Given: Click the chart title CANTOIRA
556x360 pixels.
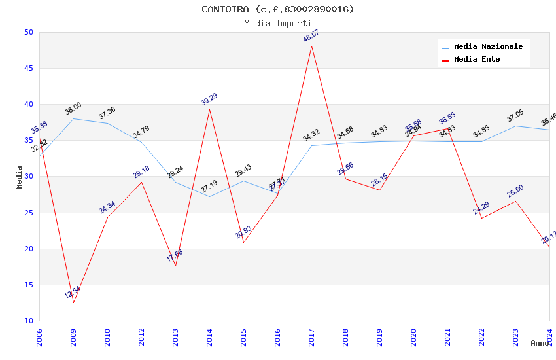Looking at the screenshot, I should (277, 9).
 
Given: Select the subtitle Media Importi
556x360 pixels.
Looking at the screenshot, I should (277, 23).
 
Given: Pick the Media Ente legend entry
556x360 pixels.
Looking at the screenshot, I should (477, 60).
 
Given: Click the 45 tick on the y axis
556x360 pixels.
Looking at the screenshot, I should (28, 69).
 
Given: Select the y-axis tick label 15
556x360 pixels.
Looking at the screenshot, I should (28, 285).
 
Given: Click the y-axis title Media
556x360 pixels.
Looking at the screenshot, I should (20, 177).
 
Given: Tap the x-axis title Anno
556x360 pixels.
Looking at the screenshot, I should (540, 343).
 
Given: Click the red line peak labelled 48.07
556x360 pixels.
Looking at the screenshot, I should (311, 46).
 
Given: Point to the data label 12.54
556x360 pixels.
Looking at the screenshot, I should (73, 293).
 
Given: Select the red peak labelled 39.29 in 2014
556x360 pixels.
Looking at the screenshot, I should (209, 109).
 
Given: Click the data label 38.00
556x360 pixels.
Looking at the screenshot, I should (73, 109).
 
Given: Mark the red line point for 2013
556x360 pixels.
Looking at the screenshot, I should (175, 266).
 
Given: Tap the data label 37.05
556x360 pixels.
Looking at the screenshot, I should (515, 117).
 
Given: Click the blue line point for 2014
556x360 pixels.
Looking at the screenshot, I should (209, 196).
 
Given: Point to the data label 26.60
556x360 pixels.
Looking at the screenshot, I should (515, 191).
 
